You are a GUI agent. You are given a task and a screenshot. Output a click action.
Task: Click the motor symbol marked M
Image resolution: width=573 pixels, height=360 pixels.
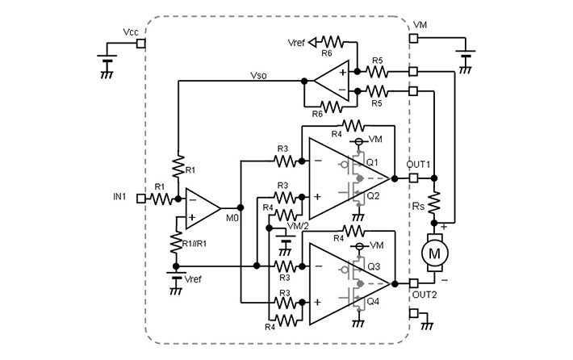click(435, 253)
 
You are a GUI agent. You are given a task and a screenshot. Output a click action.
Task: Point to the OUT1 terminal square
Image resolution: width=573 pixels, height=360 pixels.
click(413, 177)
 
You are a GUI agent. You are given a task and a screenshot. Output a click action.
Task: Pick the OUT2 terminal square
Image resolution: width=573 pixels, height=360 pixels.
click(413, 282)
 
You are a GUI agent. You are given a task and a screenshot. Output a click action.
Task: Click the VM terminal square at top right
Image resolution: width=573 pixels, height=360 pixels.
click(413, 37)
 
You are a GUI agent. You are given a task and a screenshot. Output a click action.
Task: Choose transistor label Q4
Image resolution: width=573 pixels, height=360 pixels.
click(372, 301)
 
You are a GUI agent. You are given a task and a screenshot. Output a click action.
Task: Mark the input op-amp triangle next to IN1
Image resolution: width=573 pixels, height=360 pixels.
click(201, 207)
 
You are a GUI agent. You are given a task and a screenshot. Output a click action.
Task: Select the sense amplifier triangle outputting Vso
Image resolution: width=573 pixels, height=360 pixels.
click(331, 81)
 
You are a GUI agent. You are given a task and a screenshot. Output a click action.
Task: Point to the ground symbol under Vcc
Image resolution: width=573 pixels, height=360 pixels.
click(106, 73)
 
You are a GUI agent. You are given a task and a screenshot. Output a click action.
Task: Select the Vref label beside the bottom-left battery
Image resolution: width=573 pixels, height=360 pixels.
click(194, 278)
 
